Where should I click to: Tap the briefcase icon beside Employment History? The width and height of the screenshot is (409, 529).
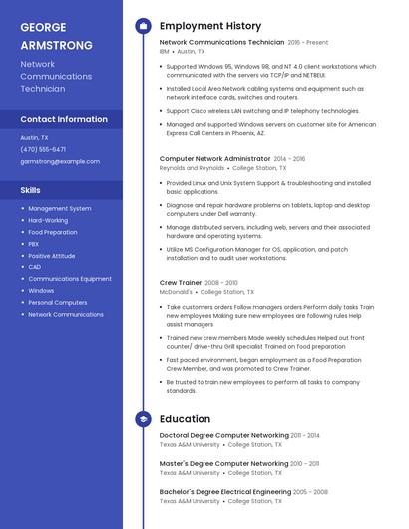point(143,25)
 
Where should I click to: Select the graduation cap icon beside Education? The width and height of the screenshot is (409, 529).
point(143,419)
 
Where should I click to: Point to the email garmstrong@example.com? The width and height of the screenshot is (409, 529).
point(60,161)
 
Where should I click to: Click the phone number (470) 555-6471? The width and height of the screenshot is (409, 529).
point(43,149)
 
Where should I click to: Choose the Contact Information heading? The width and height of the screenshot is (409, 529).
point(64,119)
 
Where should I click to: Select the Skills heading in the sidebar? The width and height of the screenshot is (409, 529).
point(31,189)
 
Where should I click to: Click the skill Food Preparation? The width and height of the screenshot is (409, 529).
point(53,232)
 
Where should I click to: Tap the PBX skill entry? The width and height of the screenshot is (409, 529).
point(34,244)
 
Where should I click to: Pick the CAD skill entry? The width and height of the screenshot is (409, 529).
point(35,267)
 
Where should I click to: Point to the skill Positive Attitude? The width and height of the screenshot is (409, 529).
point(52,256)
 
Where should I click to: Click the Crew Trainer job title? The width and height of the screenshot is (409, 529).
point(181,283)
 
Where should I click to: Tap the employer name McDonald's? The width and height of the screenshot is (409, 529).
point(177,292)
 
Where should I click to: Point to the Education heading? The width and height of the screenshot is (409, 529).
point(185,419)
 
